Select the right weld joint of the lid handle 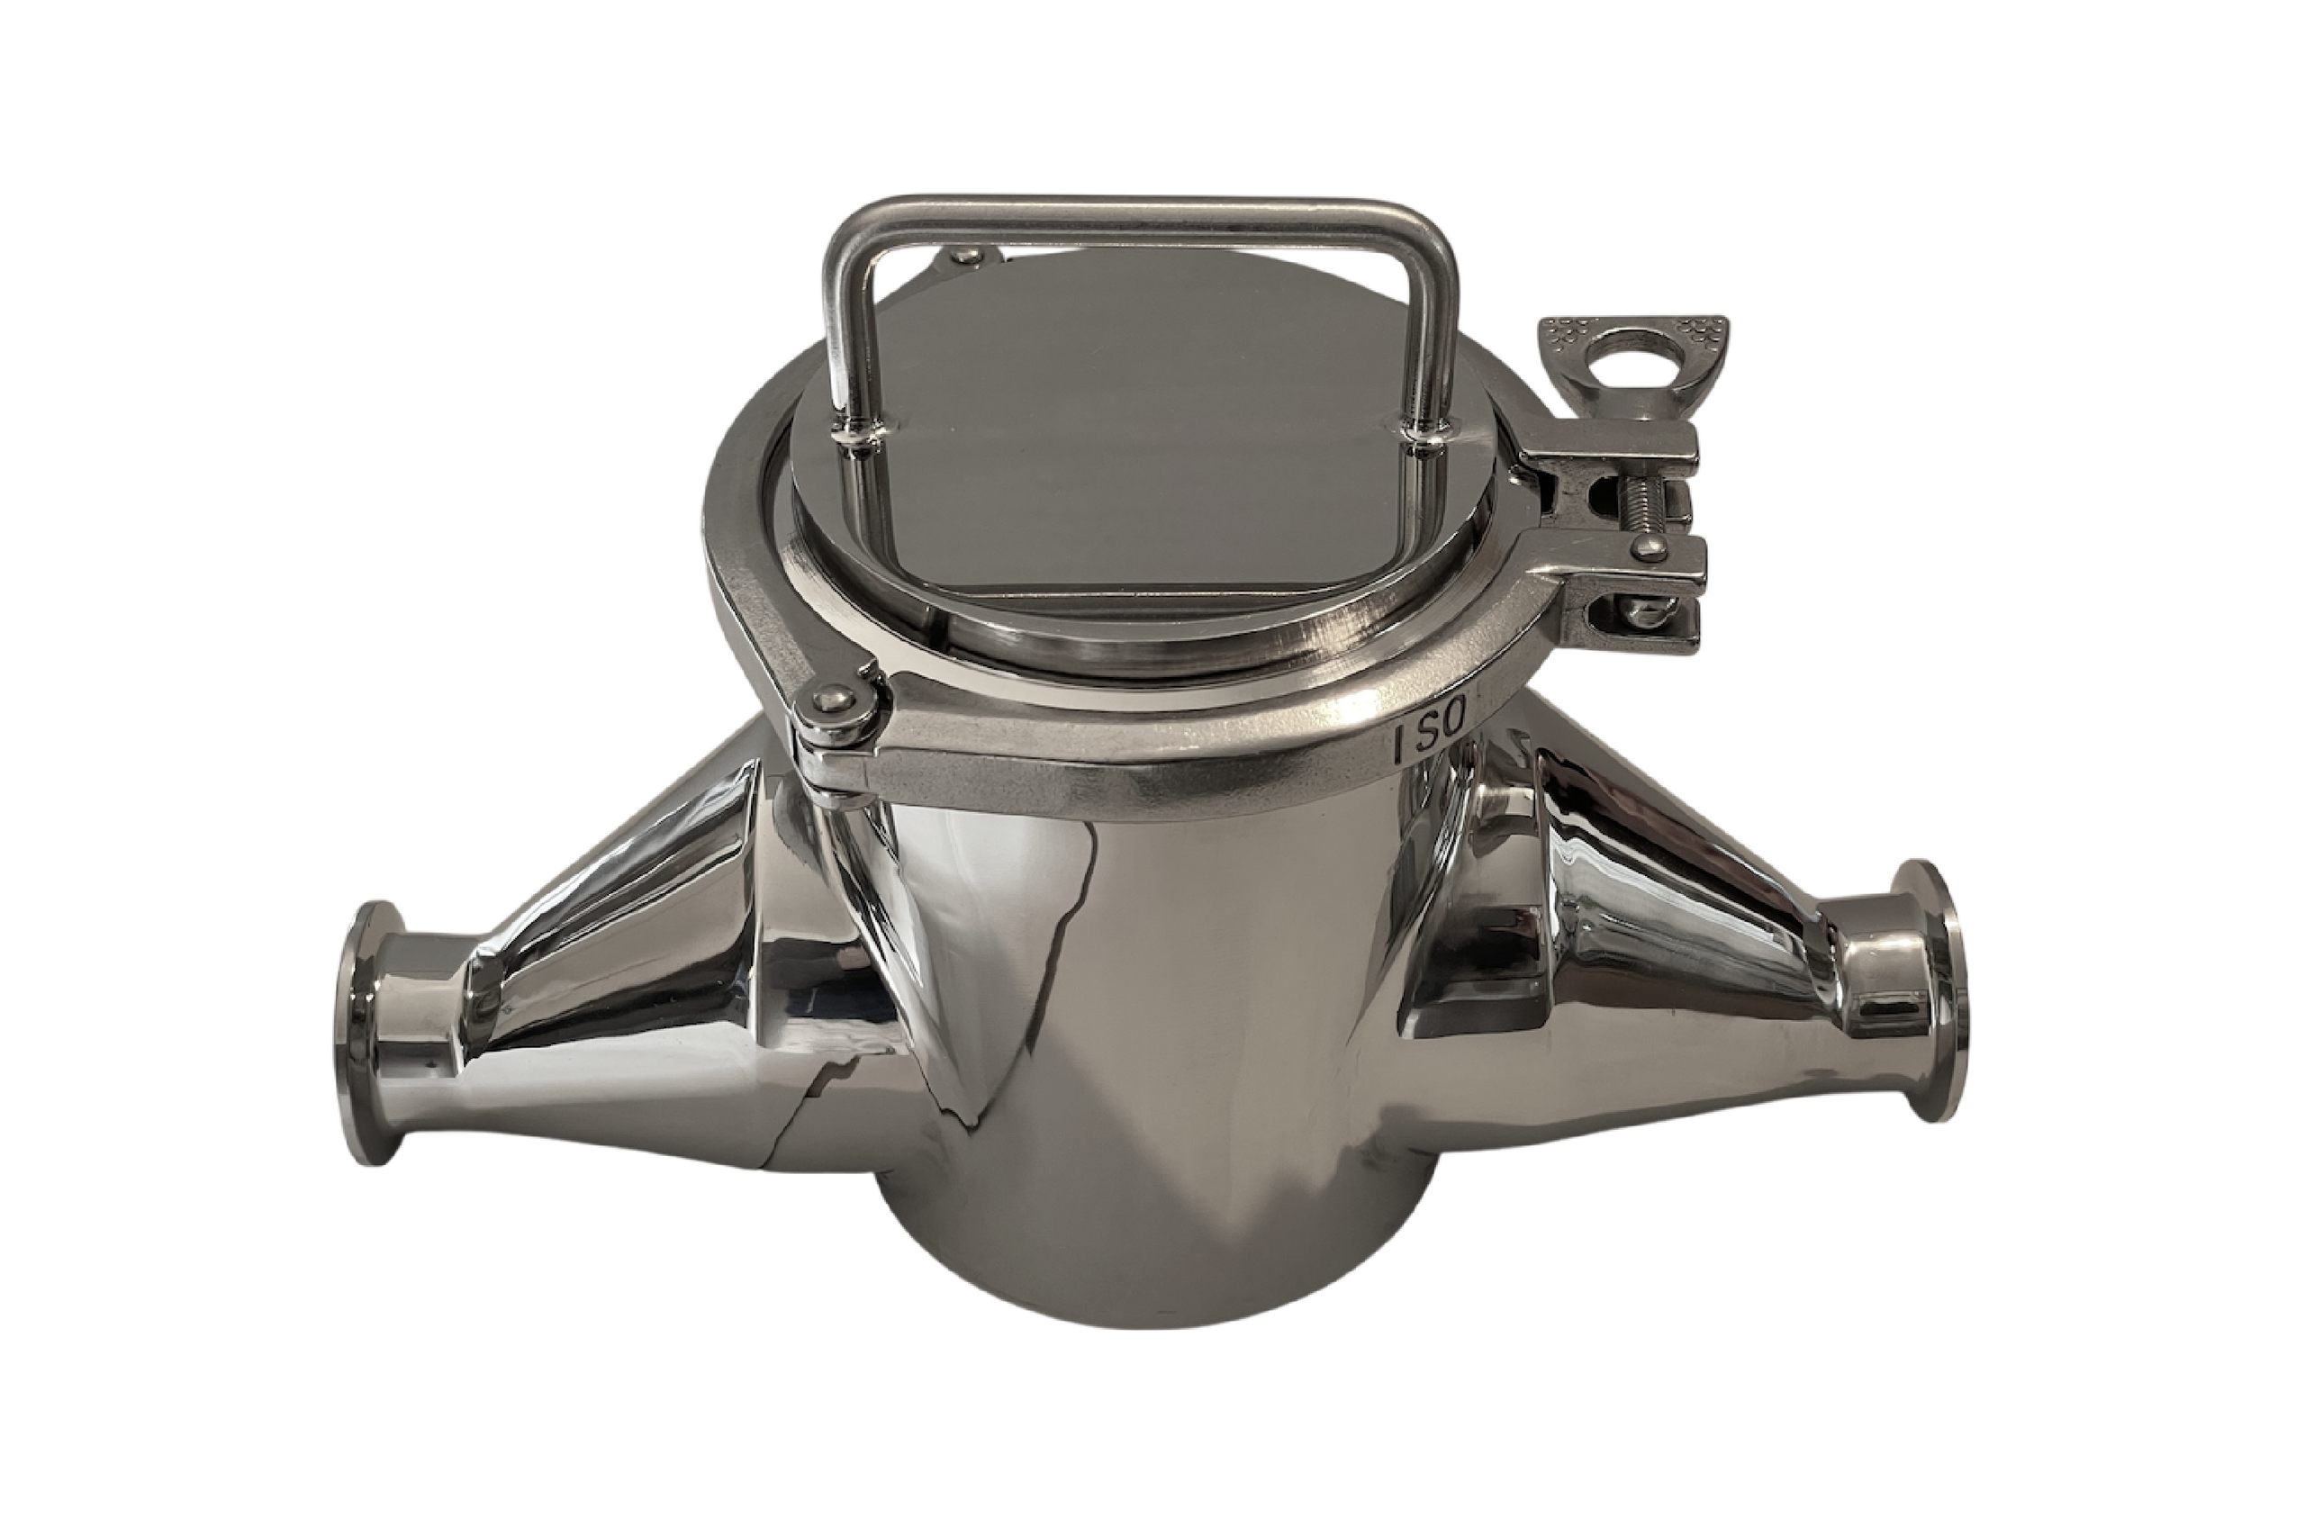tap(1424, 438)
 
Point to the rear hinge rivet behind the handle tap(970, 256)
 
